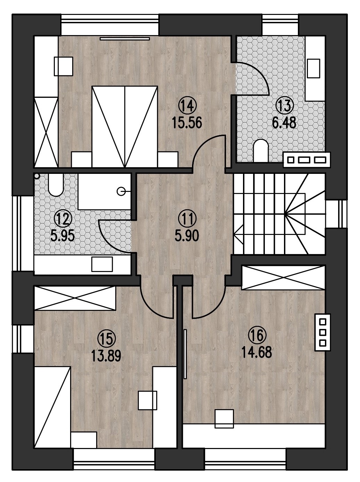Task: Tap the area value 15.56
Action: click(187, 123)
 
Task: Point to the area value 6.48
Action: click(284, 123)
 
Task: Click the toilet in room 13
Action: click(261, 151)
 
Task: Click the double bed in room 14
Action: click(125, 126)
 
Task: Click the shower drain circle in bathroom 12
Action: click(120, 192)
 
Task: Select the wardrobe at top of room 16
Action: click(283, 278)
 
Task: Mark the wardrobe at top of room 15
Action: click(75, 298)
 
